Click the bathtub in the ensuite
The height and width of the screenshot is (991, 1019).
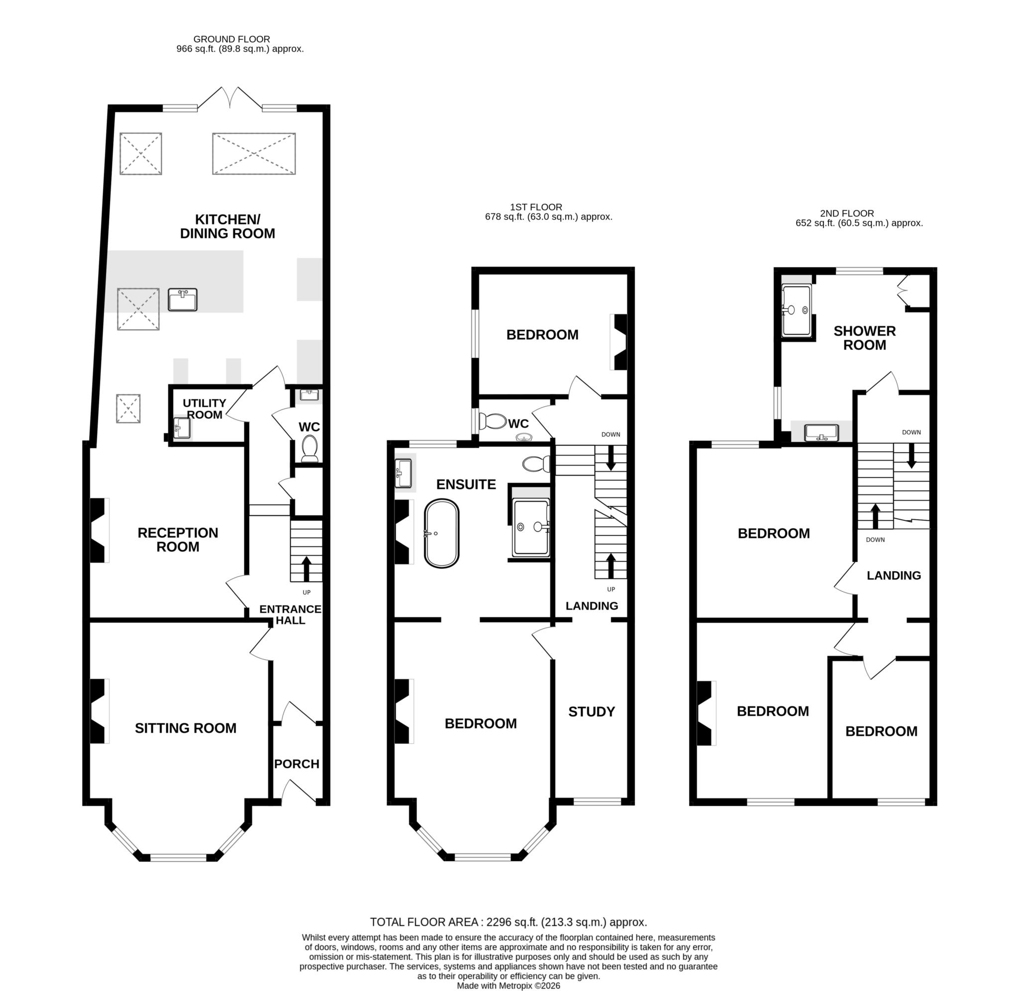click(442, 533)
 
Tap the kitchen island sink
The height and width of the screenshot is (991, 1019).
click(183, 300)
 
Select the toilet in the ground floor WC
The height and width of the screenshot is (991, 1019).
click(309, 448)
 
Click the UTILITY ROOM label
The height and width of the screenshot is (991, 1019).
click(204, 408)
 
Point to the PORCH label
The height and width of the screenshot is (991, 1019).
click(297, 764)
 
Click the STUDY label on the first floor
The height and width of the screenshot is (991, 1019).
click(591, 711)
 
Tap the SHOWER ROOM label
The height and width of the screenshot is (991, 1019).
click(864, 338)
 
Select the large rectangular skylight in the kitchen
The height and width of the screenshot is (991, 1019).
click(254, 153)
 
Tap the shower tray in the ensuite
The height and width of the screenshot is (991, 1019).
click(531, 527)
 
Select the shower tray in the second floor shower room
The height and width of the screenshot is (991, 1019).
click(796, 310)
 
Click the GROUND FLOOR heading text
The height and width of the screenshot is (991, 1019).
click(231, 39)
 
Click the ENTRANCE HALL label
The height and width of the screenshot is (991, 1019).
click(291, 614)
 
